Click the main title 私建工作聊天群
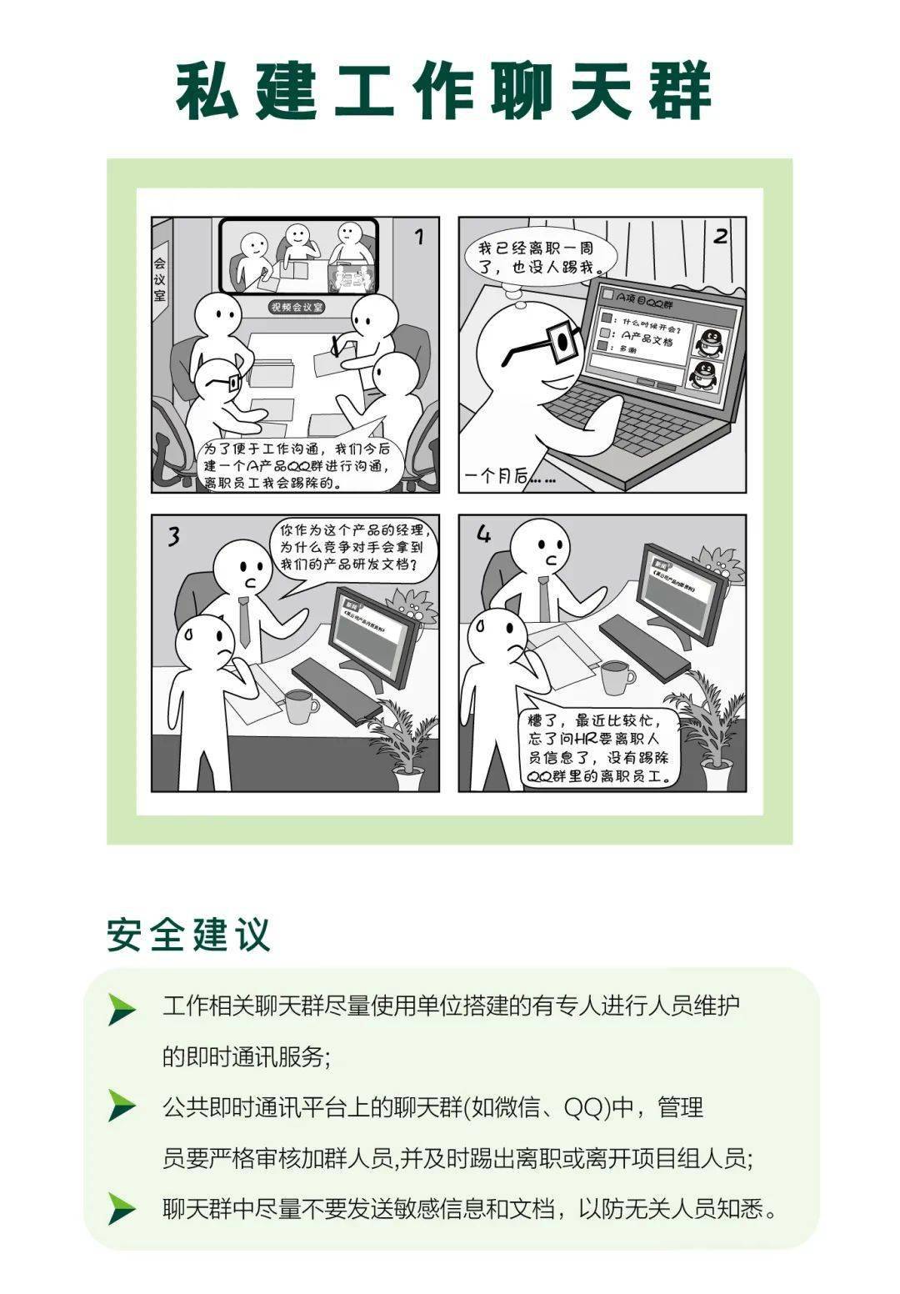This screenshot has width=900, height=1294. (x=443, y=91)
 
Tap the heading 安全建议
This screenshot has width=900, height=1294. (x=188, y=935)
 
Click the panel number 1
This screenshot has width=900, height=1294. (x=418, y=238)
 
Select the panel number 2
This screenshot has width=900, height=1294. (x=721, y=237)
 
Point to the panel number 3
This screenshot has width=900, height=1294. (x=173, y=536)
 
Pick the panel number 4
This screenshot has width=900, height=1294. (x=483, y=534)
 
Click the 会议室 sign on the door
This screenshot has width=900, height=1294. (x=159, y=278)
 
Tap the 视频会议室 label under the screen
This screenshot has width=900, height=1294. (x=296, y=307)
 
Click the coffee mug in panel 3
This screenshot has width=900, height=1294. (x=300, y=706)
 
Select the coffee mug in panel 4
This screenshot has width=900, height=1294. (x=616, y=677)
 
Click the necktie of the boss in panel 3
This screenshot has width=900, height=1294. (x=244, y=621)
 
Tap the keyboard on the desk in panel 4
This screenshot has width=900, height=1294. (x=644, y=643)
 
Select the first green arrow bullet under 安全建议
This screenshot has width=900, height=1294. (x=122, y=1010)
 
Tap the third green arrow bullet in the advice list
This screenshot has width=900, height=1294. (x=122, y=1208)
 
